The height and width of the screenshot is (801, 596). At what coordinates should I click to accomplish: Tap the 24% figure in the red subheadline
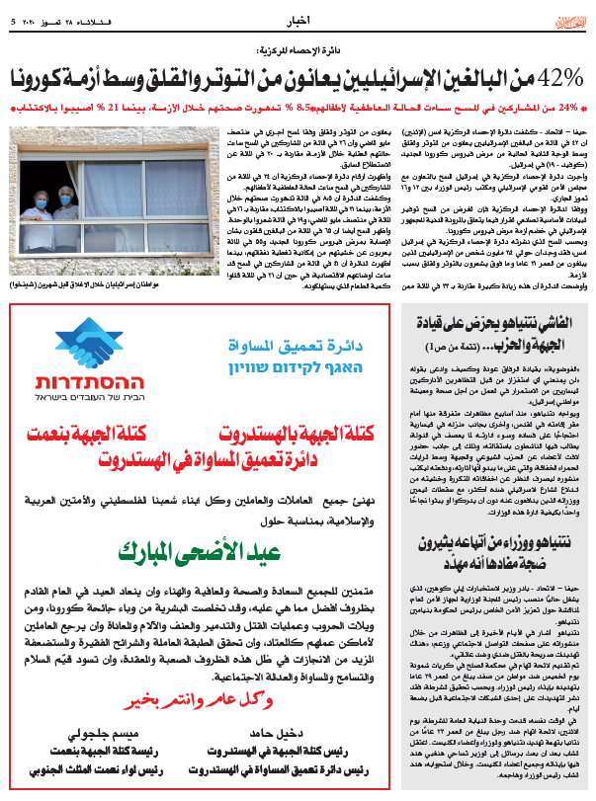[567, 107]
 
